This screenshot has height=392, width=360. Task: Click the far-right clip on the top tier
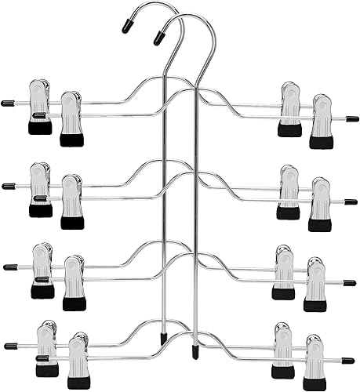[x=321, y=121]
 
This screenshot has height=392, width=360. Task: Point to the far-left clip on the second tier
[x=40, y=189]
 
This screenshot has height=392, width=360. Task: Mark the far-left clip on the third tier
[x=42, y=270]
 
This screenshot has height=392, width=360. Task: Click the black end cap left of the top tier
[x=8, y=103]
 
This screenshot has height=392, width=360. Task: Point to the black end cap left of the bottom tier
[x=9, y=345]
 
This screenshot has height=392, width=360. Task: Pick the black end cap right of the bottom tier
[x=348, y=361]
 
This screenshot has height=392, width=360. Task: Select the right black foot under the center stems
[x=195, y=343]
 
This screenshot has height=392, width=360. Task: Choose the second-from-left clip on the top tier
[x=71, y=118]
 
